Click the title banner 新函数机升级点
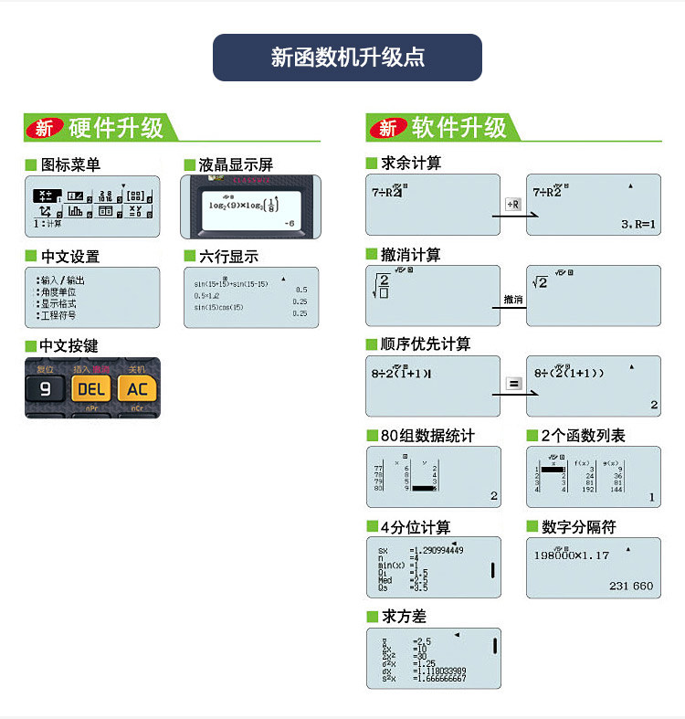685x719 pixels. click(x=347, y=58)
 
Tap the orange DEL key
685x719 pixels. click(x=91, y=389)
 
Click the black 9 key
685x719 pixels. click(x=45, y=389)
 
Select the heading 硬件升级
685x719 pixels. click(x=116, y=128)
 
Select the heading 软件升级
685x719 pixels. click(x=458, y=128)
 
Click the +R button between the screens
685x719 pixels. click(x=513, y=205)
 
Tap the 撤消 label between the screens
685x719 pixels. click(x=513, y=299)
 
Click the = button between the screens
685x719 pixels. click(x=513, y=384)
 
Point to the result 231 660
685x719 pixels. click(x=631, y=586)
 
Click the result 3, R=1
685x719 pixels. click(x=638, y=224)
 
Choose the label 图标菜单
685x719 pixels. click(x=70, y=164)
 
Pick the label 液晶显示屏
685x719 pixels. click(x=236, y=164)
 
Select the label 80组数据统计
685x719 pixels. click(x=427, y=436)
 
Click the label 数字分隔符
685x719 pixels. click(x=579, y=527)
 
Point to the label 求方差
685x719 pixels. click(x=403, y=617)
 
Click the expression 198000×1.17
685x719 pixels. click(x=571, y=555)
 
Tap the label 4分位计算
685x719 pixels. click(x=416, y=527)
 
